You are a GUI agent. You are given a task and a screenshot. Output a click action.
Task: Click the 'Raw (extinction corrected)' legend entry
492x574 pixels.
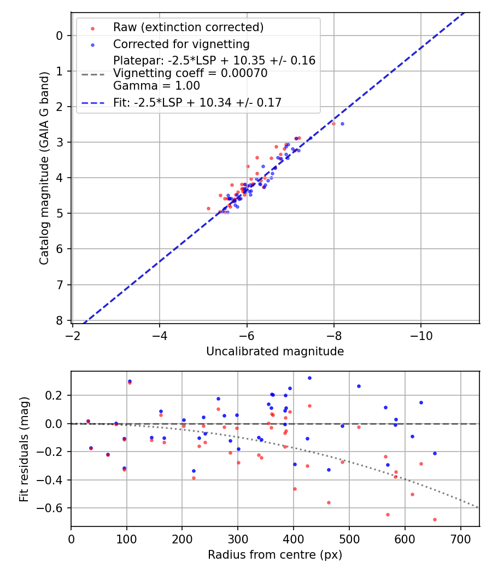coord(188,27)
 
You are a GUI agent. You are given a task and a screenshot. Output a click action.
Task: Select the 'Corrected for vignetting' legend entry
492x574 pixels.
coord(181,44)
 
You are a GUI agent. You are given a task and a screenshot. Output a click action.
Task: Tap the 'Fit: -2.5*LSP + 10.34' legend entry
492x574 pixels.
coord(197,102)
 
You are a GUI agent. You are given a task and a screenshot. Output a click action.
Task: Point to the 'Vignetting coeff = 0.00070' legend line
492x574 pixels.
coord(190,73)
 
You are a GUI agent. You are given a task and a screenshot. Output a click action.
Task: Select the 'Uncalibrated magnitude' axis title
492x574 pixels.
coord(275,352)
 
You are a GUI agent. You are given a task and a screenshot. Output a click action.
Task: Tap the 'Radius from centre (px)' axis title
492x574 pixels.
coord(275,555)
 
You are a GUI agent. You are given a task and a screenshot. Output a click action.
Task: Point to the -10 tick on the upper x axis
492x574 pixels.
coord(421,333)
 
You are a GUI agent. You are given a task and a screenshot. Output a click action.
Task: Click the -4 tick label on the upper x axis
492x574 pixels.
coord(160,333)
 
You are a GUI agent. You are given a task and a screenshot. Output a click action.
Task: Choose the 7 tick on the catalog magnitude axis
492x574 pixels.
coord(60,284)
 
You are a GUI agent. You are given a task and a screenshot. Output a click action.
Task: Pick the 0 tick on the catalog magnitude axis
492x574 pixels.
coord(60,36)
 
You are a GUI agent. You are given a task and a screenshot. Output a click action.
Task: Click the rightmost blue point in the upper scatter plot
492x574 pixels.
coord(342,124)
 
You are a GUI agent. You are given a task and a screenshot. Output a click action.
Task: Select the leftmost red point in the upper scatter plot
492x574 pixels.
coord(208,208)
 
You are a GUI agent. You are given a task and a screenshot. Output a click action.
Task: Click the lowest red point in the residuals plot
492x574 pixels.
coord(435,519)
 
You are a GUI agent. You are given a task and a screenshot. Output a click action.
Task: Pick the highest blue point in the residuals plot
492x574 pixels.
coord(309,378)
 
